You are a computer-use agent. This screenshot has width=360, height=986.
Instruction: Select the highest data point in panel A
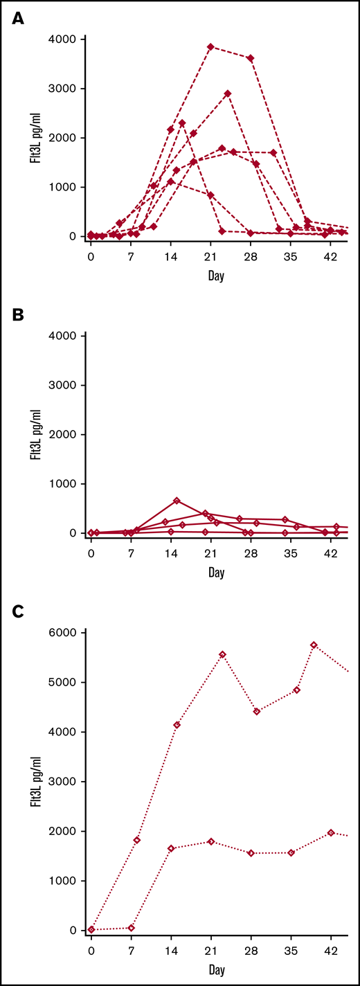[x=210, y=47]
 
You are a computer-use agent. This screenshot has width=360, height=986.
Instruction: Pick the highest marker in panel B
[x=177, y=501]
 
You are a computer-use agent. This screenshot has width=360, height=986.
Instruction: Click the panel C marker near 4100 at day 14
[x=177, y=725]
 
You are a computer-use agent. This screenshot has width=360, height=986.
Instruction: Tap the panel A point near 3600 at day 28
[x=251, y=58]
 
